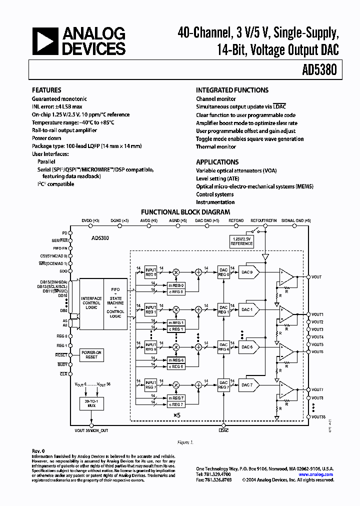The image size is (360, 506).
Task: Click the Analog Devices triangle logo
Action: point(44,41)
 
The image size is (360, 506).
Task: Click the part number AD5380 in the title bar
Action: point(321,70)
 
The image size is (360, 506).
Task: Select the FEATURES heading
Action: point(46,90)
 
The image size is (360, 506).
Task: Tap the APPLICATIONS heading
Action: point(217,162)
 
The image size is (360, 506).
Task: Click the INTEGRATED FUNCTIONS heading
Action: point(232,90)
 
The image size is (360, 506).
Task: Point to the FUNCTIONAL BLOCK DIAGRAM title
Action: point(185,212)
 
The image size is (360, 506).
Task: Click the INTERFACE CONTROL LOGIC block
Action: point(91,303)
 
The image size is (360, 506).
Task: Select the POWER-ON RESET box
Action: point(91,355)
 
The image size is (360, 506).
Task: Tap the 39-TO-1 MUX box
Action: point(91,403)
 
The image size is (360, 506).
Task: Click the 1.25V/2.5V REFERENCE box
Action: point(242,241)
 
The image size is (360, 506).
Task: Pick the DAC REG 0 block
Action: point(223,272)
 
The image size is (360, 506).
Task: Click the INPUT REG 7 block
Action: point(150,385)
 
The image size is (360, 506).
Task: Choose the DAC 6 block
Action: point(248,347)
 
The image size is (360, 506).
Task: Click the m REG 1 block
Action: point(175,322)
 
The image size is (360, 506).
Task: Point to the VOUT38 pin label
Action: point(318,416)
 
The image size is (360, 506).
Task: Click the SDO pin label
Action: point(63,270)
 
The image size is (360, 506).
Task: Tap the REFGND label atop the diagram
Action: point(236,220)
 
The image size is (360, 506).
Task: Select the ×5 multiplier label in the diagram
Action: point(176,415)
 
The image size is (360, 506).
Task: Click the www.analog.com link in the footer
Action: point(316,474)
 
